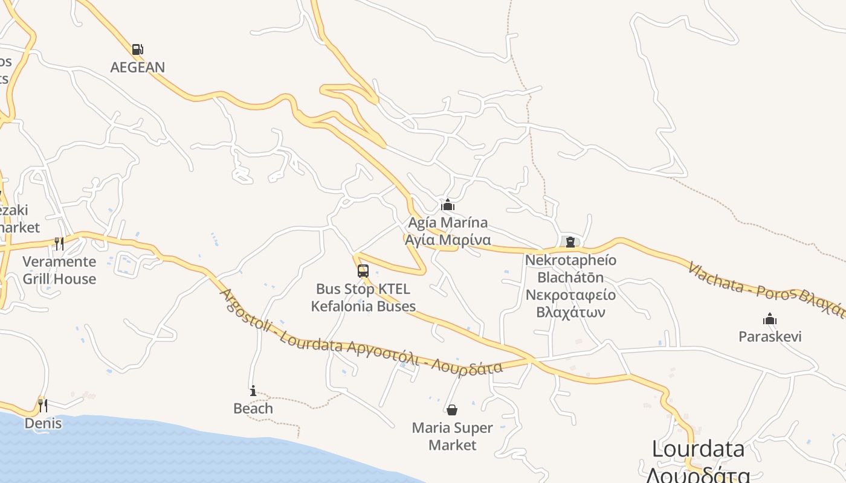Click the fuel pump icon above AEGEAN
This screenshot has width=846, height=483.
tap(138, 50)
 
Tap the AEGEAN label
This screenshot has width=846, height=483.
tap(138, 67)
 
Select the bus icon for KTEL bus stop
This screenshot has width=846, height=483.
tap(363, 271)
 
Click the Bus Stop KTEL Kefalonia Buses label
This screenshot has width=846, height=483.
tap(363, 298)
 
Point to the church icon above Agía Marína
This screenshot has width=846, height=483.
tap(448, 205)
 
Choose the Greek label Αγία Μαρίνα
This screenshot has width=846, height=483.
tap(448, 240)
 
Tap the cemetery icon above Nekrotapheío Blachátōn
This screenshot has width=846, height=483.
tap(570, 242)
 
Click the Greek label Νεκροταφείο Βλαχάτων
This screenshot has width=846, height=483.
tap(570, 304)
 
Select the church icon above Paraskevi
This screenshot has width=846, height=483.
tap(770, 319)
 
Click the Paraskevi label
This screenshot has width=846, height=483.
tap(770, 336)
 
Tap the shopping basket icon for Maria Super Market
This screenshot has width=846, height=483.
tap(452, 411)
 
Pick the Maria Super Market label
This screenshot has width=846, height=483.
tap(452, 437)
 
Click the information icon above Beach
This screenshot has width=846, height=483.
tap(253, 391)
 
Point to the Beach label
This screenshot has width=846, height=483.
tap(253, 409)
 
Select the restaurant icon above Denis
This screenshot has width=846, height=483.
tap(42, 405)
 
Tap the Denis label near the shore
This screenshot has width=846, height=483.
tap(43, 423)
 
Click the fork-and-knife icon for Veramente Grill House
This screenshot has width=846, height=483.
tap(59, 244)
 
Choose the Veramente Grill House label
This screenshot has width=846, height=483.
tap(59, 270)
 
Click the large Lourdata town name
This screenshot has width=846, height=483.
tap(698, 449)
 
